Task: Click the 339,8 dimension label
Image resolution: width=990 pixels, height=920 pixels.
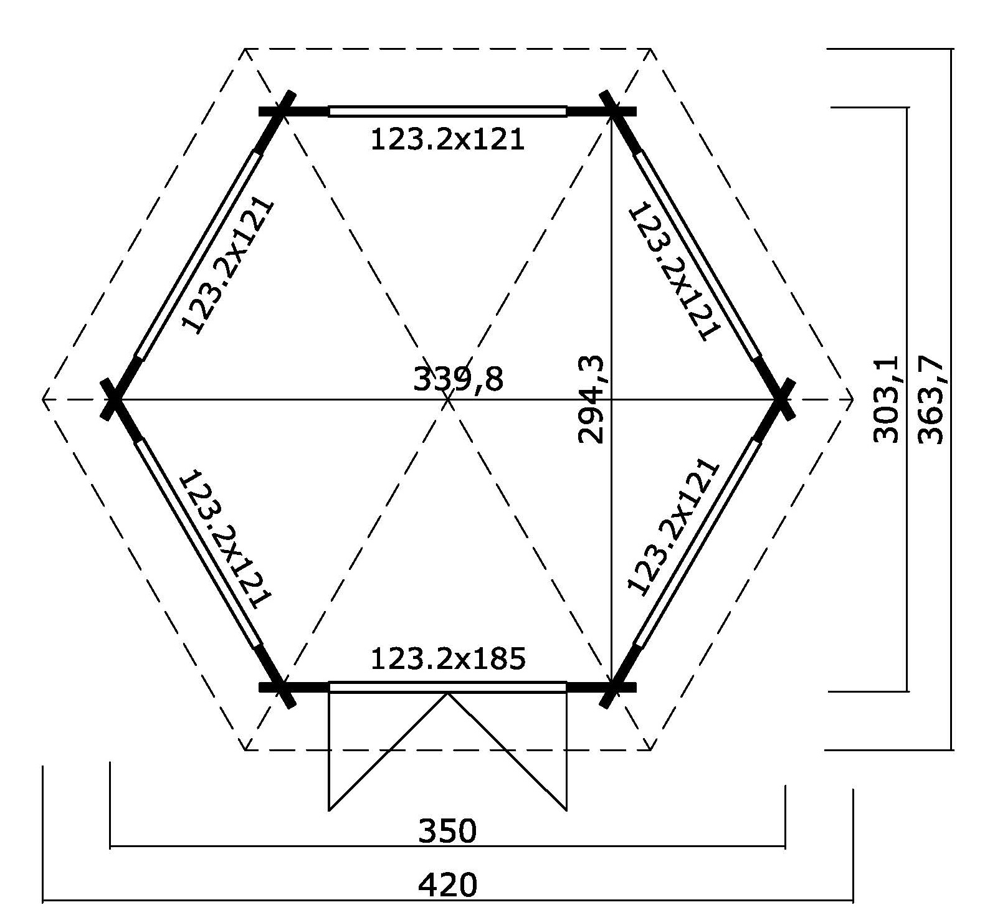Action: [458, 378]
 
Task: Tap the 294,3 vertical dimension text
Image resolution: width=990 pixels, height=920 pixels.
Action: [591, 399]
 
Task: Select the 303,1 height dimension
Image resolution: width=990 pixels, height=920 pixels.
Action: [886, 399]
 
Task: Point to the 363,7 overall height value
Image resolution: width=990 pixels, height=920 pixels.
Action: [931, 399]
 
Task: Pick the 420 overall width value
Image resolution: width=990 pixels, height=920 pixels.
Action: [447, 884]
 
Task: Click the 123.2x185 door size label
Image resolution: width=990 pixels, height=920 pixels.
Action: [448, 658]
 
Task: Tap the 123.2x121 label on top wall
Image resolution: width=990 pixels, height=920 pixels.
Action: [448, 140]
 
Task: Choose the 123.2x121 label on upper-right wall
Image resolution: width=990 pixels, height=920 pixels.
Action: [675, 269]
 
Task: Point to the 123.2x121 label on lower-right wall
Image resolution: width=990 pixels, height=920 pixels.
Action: [674, 528]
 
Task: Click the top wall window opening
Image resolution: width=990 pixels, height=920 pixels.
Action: [448, 111]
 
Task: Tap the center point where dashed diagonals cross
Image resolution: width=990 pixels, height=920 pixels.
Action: [448, 399]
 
